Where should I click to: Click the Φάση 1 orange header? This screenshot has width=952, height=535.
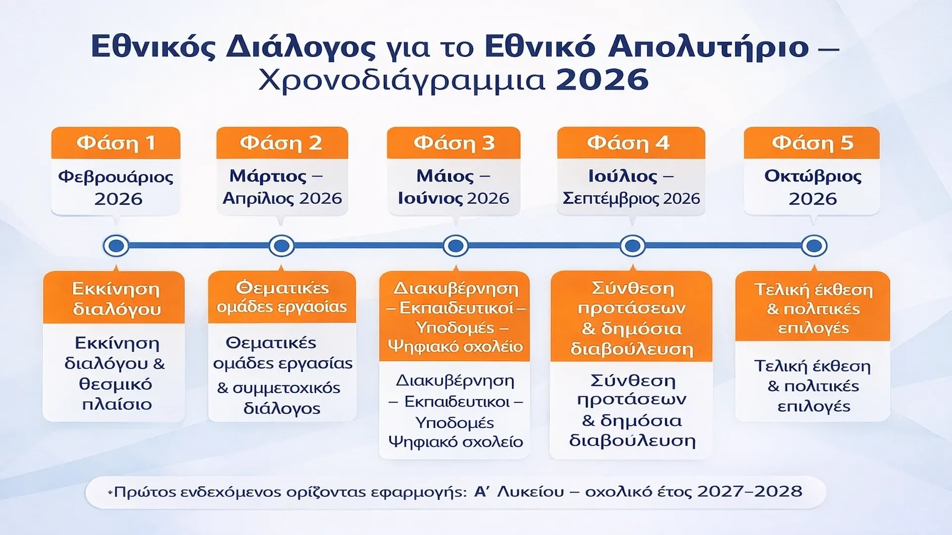[x=116, y=143]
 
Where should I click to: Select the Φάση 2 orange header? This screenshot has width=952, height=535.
[x=282, y=143]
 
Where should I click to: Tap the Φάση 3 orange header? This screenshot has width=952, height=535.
[x=454, y=143]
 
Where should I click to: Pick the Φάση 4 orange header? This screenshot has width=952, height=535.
[x=631, y=143]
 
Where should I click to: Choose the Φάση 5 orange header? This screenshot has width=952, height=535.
[x=812, y=143]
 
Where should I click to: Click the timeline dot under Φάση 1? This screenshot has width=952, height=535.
[x=116, y=246]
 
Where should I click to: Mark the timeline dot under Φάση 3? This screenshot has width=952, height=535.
[x=456, y=246]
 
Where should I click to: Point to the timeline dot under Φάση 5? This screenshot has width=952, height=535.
[x=814, y=246]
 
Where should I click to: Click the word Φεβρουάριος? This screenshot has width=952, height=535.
[x=116, y=177]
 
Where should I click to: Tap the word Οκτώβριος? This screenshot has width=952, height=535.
[x=813, y=177]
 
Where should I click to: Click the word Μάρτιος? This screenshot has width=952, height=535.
[x=268, y=176]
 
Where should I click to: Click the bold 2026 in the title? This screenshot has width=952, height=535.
[x=602, y=80]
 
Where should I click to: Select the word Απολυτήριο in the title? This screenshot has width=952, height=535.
[x=709, y=48]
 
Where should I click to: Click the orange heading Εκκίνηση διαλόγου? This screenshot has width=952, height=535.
[x=116, y=299]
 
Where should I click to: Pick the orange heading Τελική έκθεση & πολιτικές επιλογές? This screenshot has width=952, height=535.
[x=813, y=308]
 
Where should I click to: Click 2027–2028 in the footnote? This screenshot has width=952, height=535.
[x=749, y=491]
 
